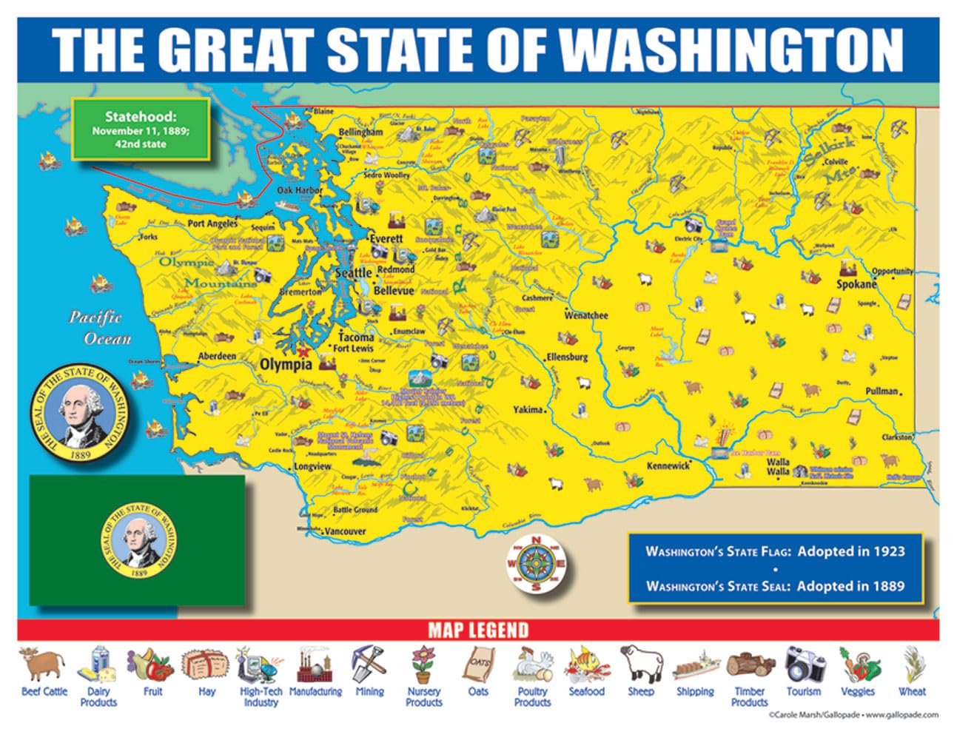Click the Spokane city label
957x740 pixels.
856,284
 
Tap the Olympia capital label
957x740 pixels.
286,365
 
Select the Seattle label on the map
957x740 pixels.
354,272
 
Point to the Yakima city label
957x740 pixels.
528,409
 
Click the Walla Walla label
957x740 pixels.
778,466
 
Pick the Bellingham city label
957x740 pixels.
360,132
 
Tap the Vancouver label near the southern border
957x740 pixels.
346,531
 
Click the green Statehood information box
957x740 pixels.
140,129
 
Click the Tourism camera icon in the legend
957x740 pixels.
804,664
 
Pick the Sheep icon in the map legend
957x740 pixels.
640,664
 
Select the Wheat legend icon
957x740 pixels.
912,665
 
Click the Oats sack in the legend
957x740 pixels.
477,664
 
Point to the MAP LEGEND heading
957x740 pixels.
478,630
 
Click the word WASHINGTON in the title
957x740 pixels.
731,50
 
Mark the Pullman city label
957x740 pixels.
882,391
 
